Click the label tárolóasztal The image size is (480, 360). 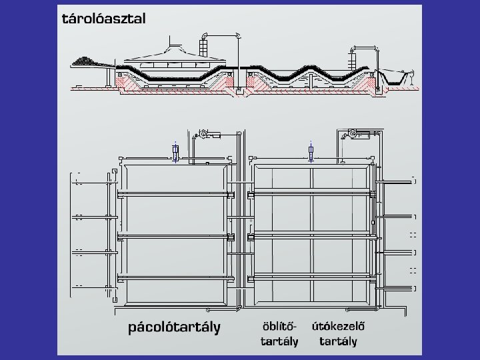click(103, 19)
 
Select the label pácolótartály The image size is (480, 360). click(174, 328)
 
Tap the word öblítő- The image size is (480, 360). click(278, 327)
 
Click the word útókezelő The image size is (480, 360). click(338, 327)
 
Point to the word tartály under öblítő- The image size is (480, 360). click(279, 341)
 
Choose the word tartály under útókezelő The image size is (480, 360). click(338, 341)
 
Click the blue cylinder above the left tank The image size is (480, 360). click(175, 152)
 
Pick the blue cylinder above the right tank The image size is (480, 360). click(311, 152)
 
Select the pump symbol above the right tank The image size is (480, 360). click(351, 135)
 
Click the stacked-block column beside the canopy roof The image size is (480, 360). click(204, 48)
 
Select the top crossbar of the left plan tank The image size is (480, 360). click(175, 194)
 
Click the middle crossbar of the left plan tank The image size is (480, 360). click(175, 236)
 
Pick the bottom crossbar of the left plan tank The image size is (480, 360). click(175, 277)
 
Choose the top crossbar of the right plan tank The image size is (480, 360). click(312, 193)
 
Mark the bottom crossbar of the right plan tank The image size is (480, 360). click(312, 277)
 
